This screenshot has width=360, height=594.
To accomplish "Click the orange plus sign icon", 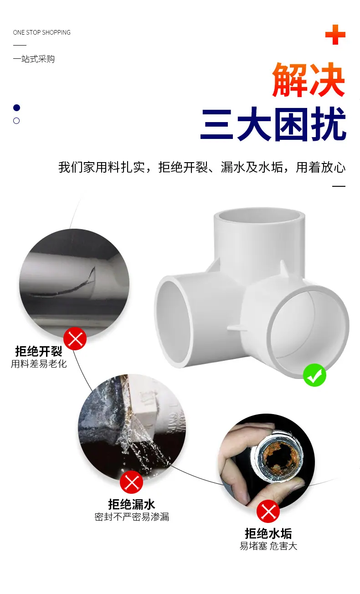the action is (x=335, y=35).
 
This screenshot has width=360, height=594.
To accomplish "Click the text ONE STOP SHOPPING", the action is (x=41, y=32).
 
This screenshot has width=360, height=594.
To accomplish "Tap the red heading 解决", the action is (x=309, y=80).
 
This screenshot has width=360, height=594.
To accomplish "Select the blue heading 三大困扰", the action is (x=273, y=124).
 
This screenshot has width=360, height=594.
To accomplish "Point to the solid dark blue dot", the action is (x=16, y=108).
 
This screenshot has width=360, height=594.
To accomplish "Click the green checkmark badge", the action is (x=314, y=375).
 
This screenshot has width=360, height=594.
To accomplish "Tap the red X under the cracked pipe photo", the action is (x=75, y=338).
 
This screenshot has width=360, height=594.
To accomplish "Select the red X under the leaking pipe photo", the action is (x=131, y=482).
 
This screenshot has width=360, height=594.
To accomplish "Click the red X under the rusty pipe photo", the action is (x=268, y=511).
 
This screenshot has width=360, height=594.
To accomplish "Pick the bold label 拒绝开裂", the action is (x=39, y=352).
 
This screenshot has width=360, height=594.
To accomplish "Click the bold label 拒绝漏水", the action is (x=132, y=504).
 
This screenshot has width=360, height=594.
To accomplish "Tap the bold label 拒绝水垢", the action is (x=268, y=533).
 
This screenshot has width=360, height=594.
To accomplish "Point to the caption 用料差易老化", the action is (x=39, y=364).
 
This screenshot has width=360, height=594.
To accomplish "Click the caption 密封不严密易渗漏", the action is (x=132, y=517).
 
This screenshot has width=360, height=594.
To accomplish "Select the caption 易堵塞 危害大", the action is (x=268, y=546).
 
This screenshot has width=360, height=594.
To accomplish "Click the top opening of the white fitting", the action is (x=259, y=215).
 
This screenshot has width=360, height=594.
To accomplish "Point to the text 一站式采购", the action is (x=34, y=59).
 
